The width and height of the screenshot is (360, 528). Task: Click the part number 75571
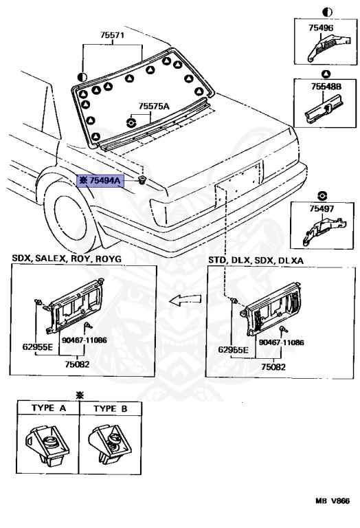[112, 35]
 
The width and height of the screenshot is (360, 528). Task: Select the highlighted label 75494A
[100, 181]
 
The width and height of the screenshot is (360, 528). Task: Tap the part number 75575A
[154, 107]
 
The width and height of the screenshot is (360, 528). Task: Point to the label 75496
[321, 28]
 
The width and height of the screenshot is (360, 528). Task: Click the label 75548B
[326, 87]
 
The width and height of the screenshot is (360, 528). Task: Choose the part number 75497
[322, 209]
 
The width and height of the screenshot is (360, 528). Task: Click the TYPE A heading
[49, 408]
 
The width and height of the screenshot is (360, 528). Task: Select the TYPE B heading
[111, 408]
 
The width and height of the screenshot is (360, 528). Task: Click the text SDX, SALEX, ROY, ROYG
[67, 258]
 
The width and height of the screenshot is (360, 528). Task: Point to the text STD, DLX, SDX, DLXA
[256, 260]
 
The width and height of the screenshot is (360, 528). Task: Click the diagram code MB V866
[333, 500]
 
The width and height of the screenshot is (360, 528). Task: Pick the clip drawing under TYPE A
[47, 445]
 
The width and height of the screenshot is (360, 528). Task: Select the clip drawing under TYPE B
[110, 445]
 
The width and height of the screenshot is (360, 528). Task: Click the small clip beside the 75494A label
[142, 180]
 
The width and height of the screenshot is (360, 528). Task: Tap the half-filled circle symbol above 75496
[327, 12]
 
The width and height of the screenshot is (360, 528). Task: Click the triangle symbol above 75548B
[326, 74]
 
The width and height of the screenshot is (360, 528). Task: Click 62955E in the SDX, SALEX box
[38, 346]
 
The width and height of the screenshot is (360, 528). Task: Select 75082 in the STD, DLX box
[273, 366]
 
